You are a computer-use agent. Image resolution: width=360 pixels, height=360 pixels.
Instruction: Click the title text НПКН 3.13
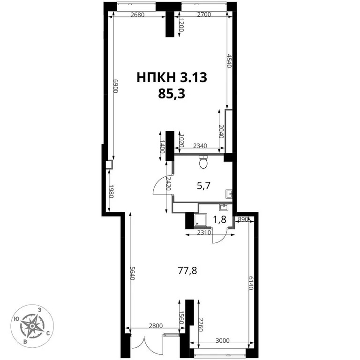[x=172, y=77]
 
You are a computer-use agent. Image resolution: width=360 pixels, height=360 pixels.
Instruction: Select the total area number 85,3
[x=172, y=94]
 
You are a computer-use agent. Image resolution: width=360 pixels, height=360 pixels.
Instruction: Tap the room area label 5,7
[x=203, y=185]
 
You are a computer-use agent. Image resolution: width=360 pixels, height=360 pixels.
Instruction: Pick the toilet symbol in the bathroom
[x=203, y=162]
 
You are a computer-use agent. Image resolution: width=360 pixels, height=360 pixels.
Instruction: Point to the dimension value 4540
[x=229, y=61]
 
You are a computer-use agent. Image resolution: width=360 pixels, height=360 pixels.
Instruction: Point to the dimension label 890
[x=243, y=219]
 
